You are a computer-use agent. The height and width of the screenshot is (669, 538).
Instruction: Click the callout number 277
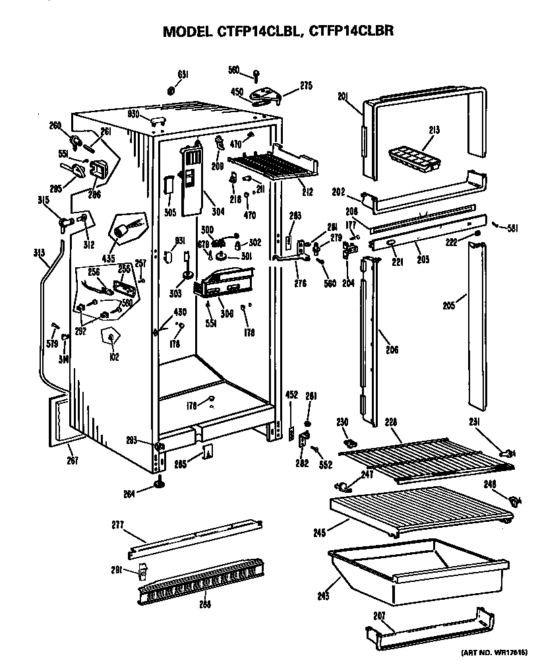[117, 525]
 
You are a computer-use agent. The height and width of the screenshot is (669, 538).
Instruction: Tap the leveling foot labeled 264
[160, 486]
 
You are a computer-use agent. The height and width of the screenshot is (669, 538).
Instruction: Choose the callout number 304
[218, 212]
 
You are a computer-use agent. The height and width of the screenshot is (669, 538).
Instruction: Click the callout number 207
[379, 615]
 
